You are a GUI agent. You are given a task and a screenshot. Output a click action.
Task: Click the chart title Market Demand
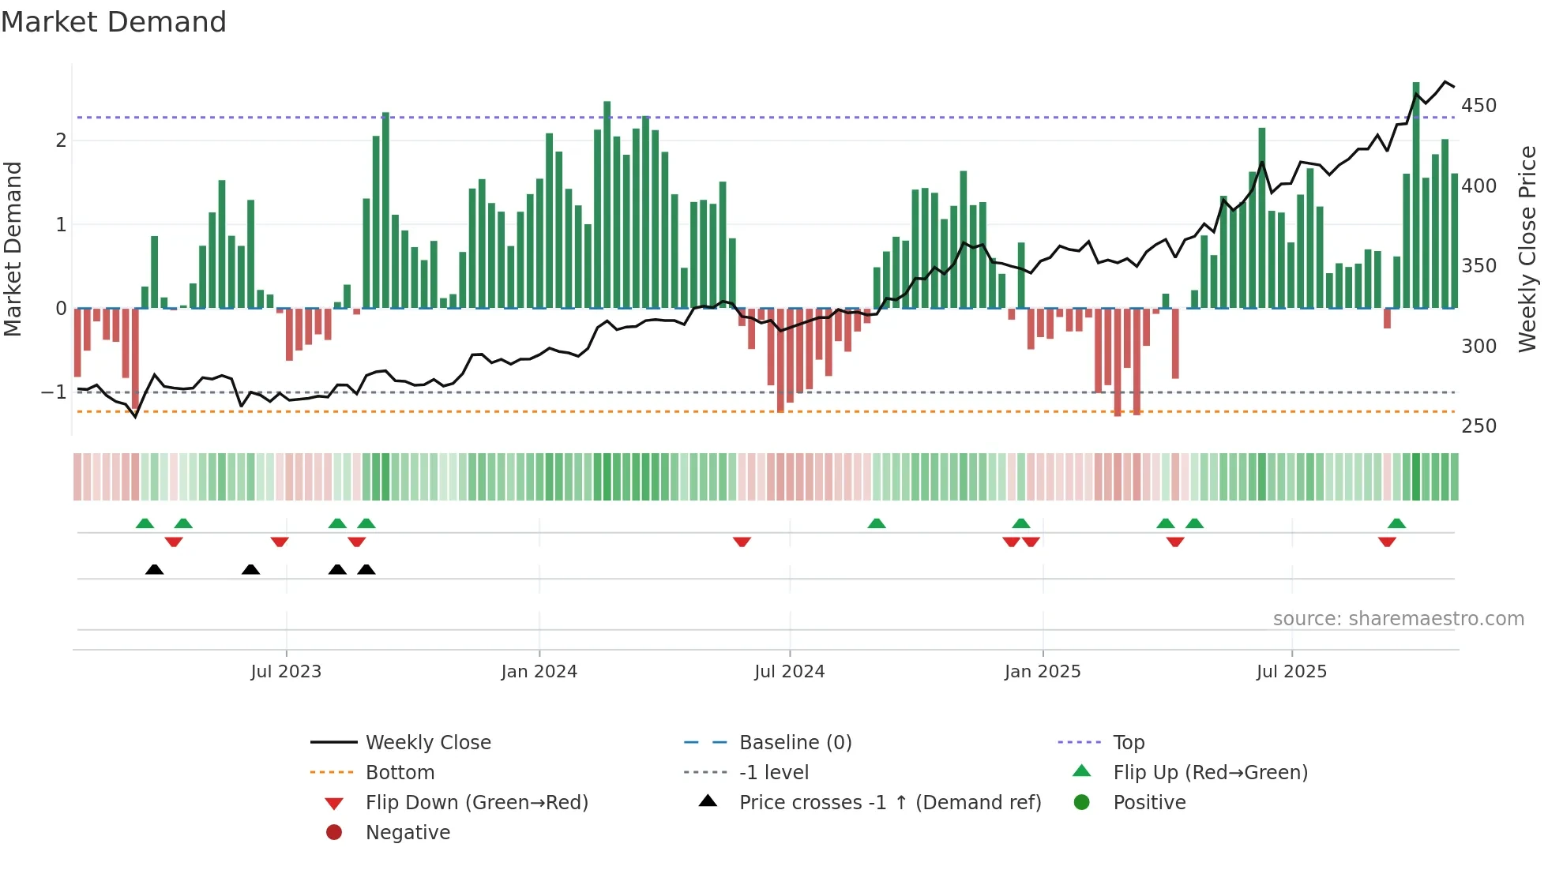[114, 22]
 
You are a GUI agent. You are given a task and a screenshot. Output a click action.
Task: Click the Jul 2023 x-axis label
[286, 672]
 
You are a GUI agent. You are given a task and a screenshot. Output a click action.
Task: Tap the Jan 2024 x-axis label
[539, 672]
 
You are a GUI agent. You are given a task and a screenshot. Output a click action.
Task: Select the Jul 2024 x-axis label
[789, 672]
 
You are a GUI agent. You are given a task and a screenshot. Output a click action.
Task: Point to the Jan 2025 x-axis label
[1042, 672]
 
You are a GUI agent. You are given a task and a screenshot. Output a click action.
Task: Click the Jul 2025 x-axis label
[1291, 672]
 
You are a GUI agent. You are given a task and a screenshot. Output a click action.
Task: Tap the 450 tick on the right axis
[1478, 106]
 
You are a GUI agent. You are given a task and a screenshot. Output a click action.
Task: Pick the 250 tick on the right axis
[1478, 426]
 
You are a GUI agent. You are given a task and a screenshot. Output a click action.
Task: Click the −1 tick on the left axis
[54, 392]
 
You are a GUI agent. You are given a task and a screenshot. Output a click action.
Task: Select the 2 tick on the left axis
[61, 141]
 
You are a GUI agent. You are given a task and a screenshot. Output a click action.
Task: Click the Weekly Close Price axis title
[1527, 249]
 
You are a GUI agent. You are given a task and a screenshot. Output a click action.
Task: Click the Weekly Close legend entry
[427, 743]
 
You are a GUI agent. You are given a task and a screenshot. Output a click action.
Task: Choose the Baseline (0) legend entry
[795, 743]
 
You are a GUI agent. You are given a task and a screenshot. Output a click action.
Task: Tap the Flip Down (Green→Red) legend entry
[476, 803]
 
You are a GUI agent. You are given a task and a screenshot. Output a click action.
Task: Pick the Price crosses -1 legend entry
[889, 803]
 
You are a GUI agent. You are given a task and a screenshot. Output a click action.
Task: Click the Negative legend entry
[408, 833]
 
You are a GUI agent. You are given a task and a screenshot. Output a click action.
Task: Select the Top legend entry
[1128, 743]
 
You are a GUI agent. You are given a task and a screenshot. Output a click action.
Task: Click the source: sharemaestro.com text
[1398, 619]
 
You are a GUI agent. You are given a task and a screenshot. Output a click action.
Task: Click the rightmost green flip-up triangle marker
[1396, 523]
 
